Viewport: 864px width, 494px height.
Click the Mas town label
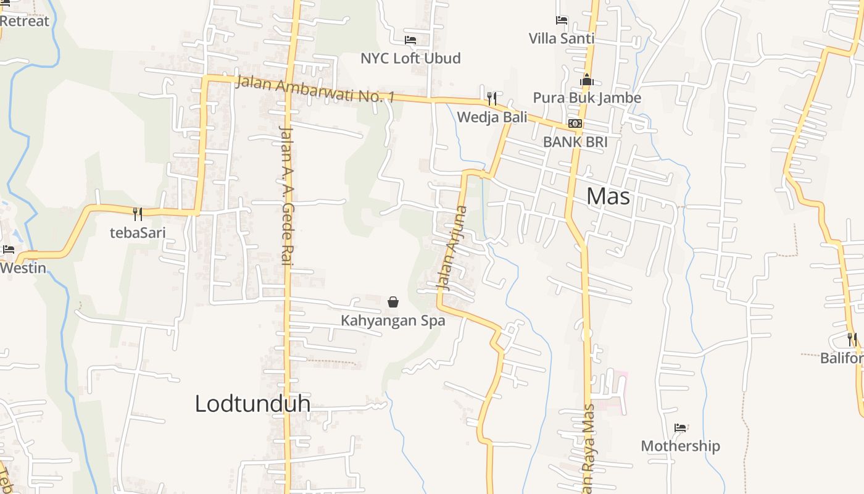click(608, 196)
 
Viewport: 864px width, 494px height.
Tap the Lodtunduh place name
click(252, 403)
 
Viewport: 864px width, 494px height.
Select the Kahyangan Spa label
click(393, 321)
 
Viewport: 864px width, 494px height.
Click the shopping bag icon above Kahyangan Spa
click(393, 302)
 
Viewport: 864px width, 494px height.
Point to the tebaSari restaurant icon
click(138, 214)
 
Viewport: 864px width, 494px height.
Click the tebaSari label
click(138, 233)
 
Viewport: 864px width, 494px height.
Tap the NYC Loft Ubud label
click(410, 58)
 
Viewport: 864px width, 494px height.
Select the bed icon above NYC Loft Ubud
click(410, 40)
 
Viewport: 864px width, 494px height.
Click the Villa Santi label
click(562, 38)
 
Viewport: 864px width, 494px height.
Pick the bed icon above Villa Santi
click(562, 20)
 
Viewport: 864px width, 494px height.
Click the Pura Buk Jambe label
click(587, 98)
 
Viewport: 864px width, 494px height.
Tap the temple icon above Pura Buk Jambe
click(587, 80)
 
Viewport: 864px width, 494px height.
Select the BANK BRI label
click(575, 141)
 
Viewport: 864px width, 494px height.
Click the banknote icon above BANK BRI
click(575, 124)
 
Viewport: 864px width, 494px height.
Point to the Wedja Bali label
click(492, 117)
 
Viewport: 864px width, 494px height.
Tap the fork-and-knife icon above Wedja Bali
click(492, 98)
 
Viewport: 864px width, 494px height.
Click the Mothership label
click(680, 446)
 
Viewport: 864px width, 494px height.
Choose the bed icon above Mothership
click(680, 427)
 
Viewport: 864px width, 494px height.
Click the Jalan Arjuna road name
click(452, 248)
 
